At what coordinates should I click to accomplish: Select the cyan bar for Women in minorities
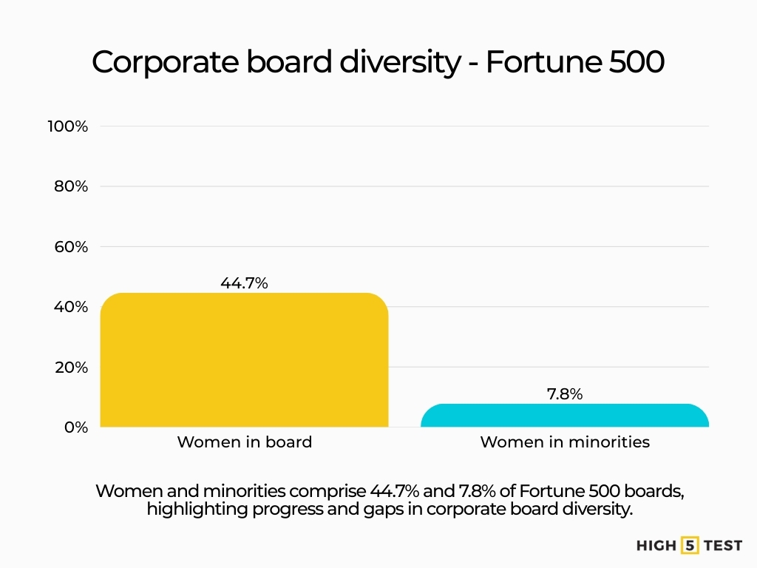[x=565, y=416]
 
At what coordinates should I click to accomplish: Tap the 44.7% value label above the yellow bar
[x=244, y=283]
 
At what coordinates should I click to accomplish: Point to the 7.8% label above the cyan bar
[x=565, y=394]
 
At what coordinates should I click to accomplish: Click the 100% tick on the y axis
[x=68, y=126]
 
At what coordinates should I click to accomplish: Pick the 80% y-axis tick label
[x=71, y=186]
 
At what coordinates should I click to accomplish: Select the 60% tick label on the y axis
[x=71, y=247]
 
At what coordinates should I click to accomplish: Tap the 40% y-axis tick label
[x=71, y=307]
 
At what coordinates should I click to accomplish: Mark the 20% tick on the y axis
[x=71, y=368]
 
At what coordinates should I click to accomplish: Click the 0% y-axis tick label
[x=75, y=427]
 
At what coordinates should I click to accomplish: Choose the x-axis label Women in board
[x=244, y=442]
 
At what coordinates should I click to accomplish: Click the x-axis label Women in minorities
[x=565, y=442]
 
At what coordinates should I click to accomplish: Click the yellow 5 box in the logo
[x=690, y=546]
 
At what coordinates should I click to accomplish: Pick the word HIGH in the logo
[x=656, y=546]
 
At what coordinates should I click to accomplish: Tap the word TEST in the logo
[x=722, y=546]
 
